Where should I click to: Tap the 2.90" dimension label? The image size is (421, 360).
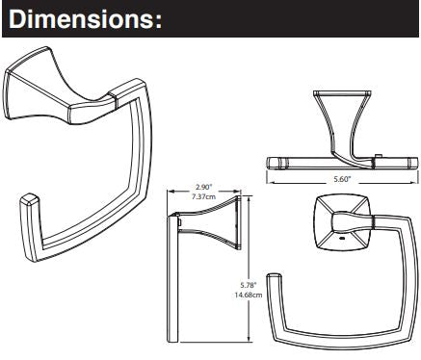[x=203, y=187]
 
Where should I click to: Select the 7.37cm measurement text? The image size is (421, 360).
[x=203, y=196]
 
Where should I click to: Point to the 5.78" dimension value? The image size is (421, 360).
[x=249, y=285]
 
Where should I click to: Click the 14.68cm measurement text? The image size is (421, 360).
[x=249, y=295]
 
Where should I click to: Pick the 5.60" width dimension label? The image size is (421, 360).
[x=341, y=179]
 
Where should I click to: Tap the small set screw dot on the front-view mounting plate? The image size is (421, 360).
[x=342, y=239]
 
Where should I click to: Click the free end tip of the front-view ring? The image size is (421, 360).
[x=275, y=275]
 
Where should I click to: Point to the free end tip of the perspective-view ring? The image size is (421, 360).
[x=29, y=197]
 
